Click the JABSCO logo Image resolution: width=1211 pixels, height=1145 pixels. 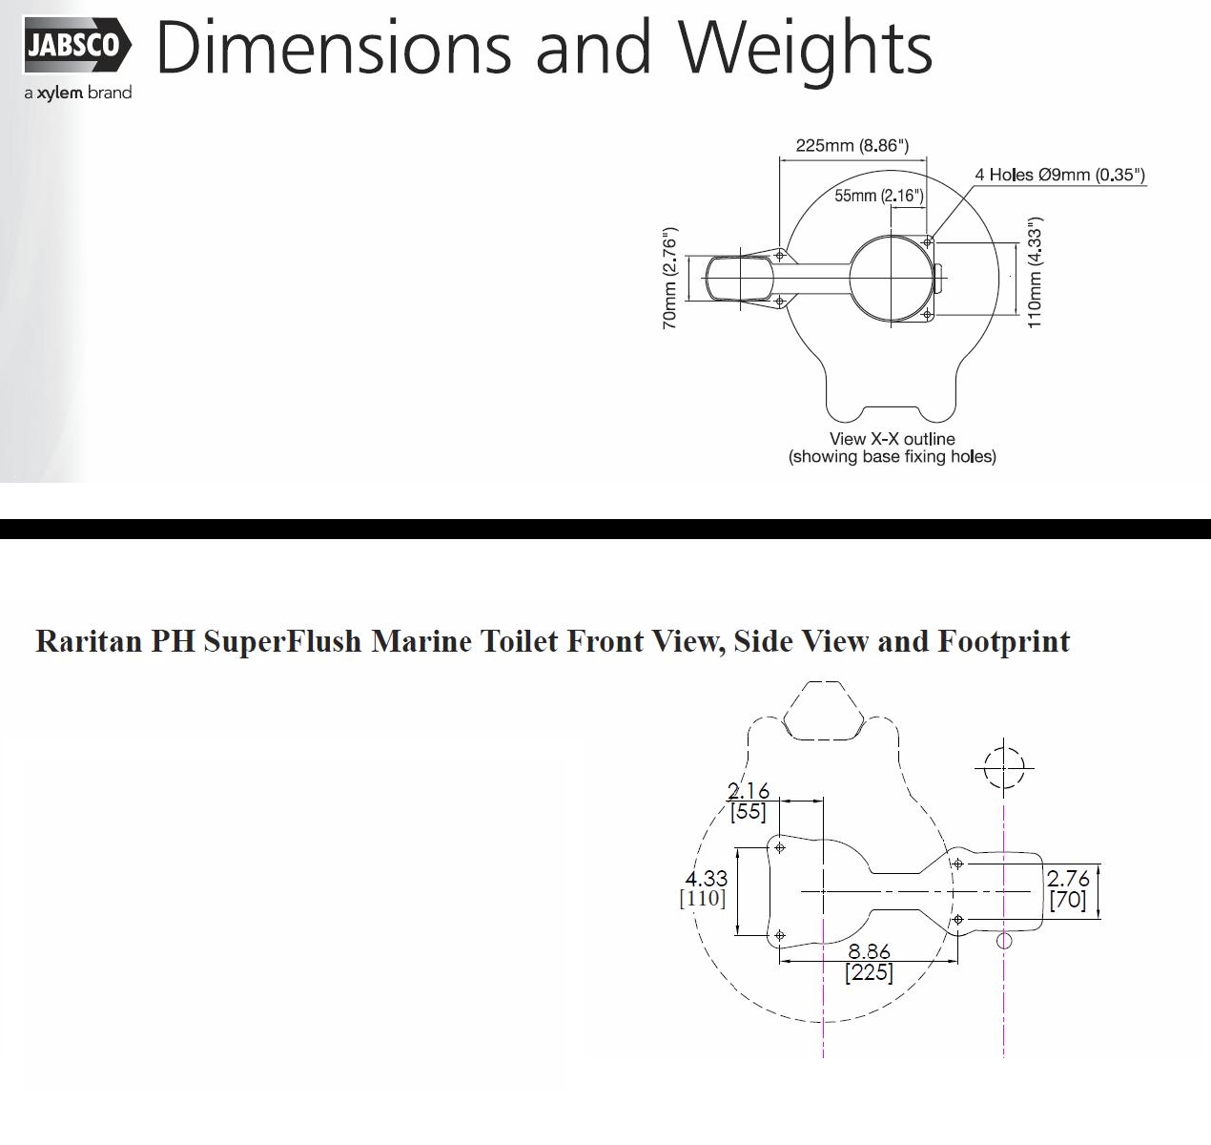[77, 45]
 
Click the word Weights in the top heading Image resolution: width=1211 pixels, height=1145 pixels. [805, 49]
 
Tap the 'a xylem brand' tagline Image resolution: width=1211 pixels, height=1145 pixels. [78, 93]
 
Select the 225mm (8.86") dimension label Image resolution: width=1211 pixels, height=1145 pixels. [852, 146]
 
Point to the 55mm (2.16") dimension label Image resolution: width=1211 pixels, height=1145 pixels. [878, 196]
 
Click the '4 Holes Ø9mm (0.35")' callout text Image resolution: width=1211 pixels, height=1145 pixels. [1059, 176]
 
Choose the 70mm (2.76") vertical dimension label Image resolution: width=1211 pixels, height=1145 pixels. [669, 279]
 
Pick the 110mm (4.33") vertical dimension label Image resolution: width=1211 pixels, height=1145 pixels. [1035, 273]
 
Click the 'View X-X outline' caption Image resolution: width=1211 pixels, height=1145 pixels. [893, 439]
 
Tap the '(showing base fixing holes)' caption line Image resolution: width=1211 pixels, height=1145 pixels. [893, 456]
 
